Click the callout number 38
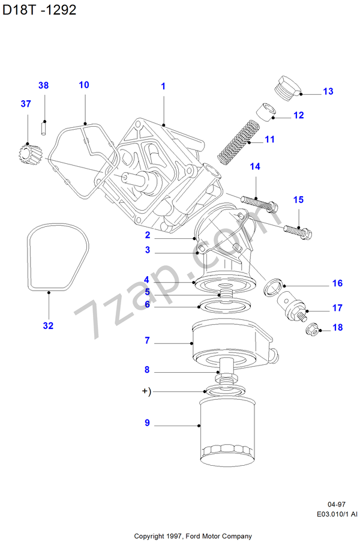[43, 86]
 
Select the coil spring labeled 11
[237, 142]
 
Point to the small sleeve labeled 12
[266, 113]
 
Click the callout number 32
[48, 326]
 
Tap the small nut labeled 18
[311, 328]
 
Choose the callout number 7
[146, 340]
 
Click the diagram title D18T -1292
[39, 10]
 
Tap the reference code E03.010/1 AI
[337, 514]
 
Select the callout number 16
[337, 283]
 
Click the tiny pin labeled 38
[44, 127]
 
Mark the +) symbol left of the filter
[146, 392]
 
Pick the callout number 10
[84, 85]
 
